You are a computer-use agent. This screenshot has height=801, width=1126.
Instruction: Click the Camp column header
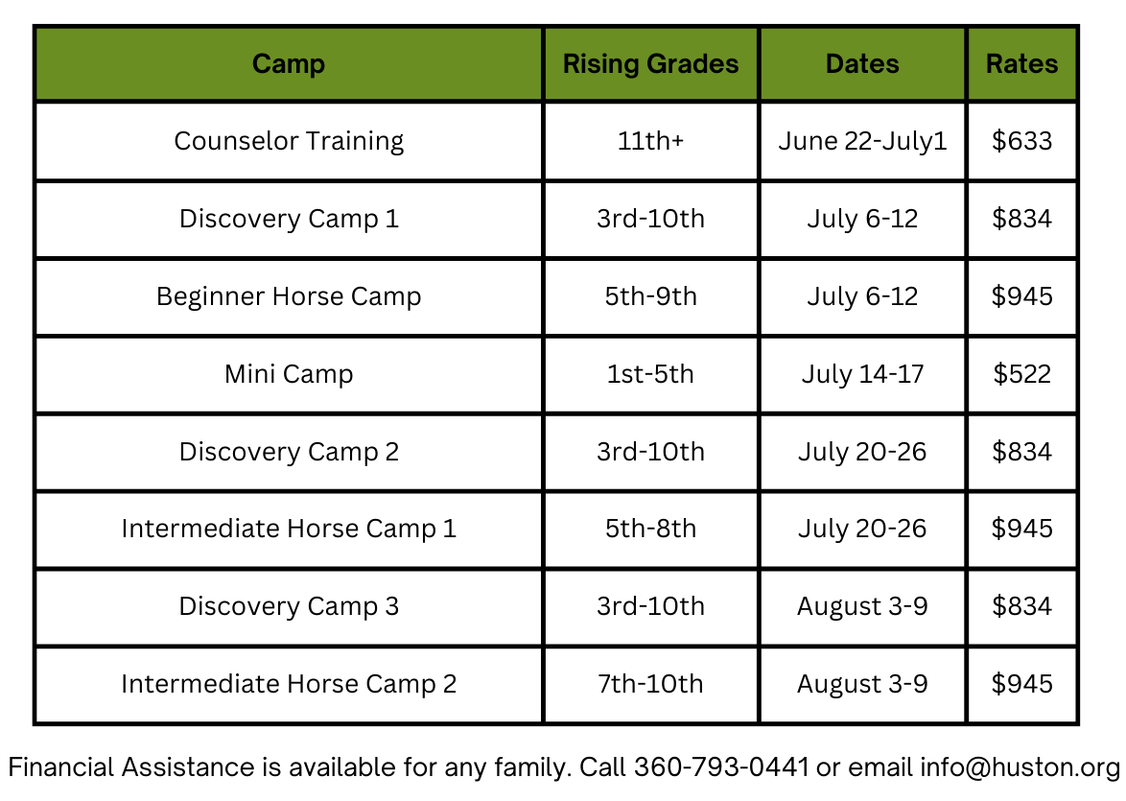click(289, 64)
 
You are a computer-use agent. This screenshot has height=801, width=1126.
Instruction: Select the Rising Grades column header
click(650, 64)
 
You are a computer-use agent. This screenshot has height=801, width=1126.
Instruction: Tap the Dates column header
click(862, 64)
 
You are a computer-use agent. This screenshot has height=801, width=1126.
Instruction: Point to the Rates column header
click(1021, 64)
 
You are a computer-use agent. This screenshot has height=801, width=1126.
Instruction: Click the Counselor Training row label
click(289, 142)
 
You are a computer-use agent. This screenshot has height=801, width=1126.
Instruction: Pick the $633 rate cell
click(1021, 141)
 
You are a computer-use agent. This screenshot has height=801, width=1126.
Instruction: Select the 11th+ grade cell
click(650, 141)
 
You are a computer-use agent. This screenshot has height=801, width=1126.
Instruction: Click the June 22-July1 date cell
click(862, 142)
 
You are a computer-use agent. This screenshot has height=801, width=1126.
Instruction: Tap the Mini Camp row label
click(289, 374)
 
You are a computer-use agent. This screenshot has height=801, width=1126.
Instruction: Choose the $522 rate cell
click(1021, 373)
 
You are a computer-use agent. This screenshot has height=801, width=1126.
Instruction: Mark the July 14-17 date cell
click(862, 374)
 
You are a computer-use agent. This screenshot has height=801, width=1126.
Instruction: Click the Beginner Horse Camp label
click(289, 296)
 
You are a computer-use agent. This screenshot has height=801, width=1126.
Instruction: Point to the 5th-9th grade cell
click(650, 296)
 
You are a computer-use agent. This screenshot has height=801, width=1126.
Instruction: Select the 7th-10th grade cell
click(650, 683)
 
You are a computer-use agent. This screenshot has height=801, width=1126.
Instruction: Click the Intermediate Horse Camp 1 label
click(289, 529)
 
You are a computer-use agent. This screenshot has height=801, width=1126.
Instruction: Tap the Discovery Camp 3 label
click(289, 606)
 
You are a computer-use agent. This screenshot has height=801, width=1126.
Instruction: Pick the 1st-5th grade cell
click(650, 373)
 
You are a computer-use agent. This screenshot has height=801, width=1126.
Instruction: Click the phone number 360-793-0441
click(721, 767)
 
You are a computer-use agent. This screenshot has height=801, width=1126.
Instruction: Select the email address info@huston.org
click(1020, 768)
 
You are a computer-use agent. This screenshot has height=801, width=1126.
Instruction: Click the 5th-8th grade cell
click(650, 528)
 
